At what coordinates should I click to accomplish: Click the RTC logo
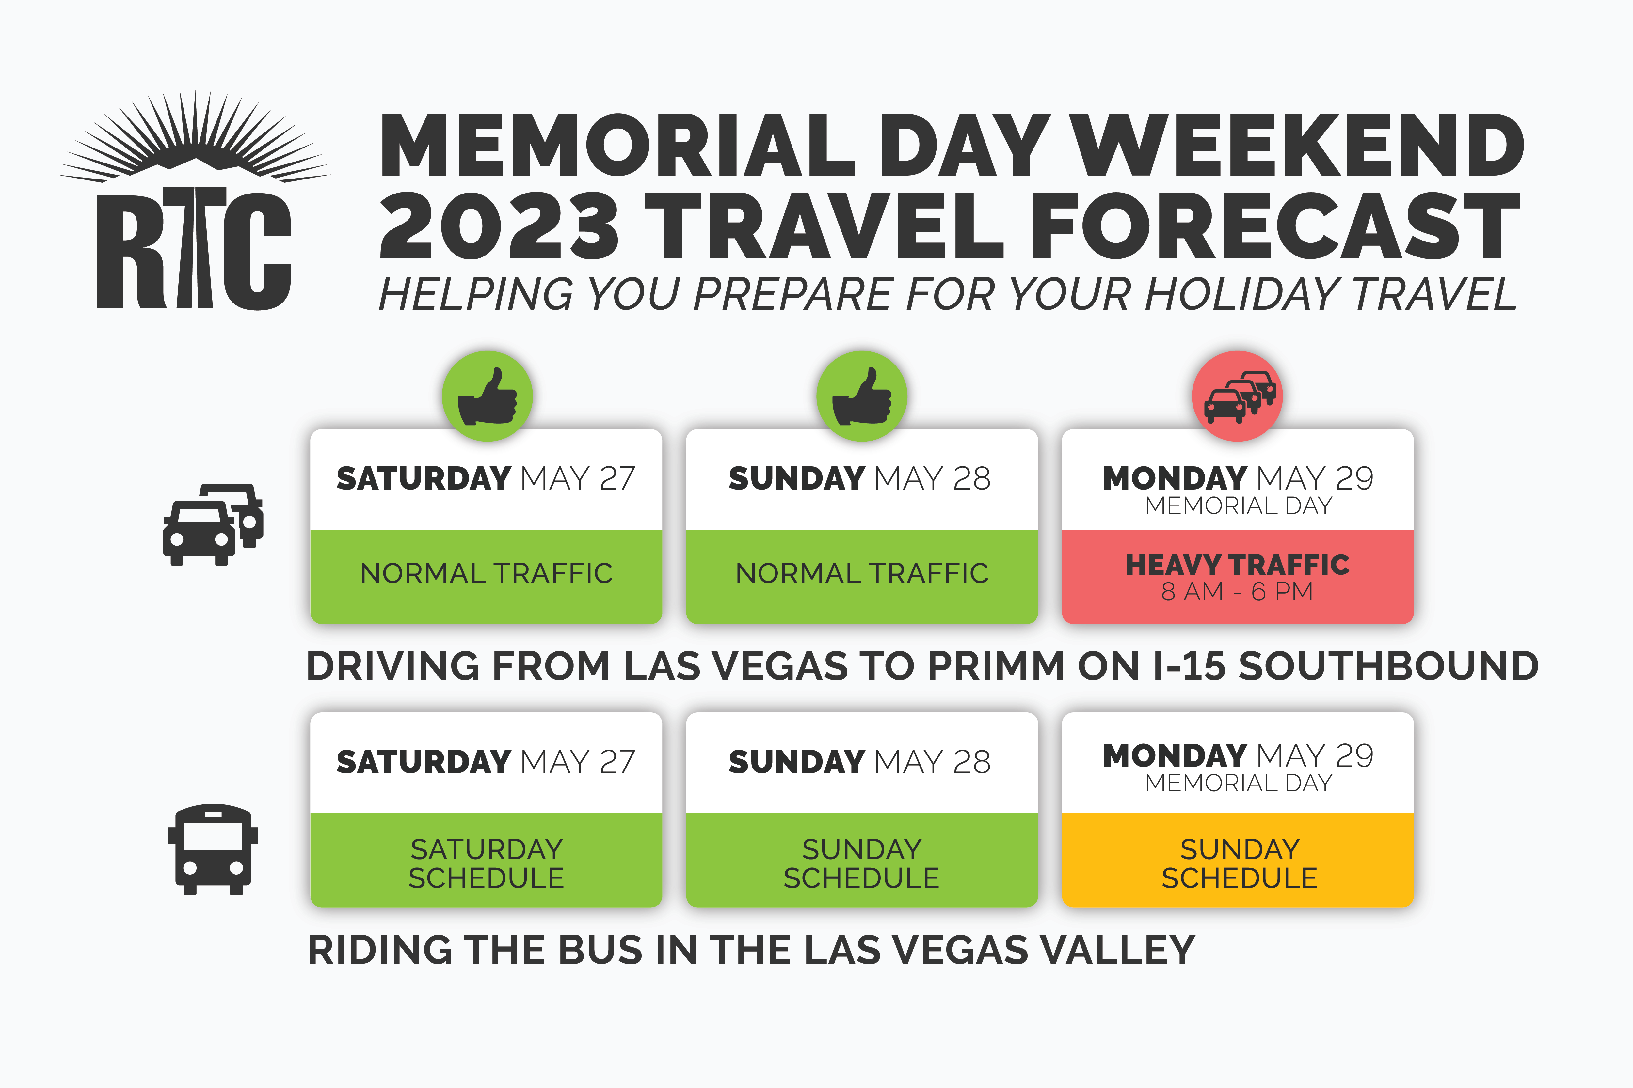(x=194, y=201)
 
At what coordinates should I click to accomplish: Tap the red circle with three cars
(x=1237, y=396)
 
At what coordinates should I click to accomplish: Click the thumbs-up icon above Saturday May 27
(x=488, y=396)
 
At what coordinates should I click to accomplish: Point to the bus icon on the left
(x=213, y=849)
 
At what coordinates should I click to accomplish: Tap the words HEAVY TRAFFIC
(x=1237, y=565)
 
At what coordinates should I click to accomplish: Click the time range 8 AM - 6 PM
(x=1237, y=592)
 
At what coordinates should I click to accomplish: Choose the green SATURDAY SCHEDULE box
(x=486, y=861)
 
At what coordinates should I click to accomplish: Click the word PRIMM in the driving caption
(x=996, y=666)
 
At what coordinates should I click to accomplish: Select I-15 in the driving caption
(x=1189, y=666)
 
